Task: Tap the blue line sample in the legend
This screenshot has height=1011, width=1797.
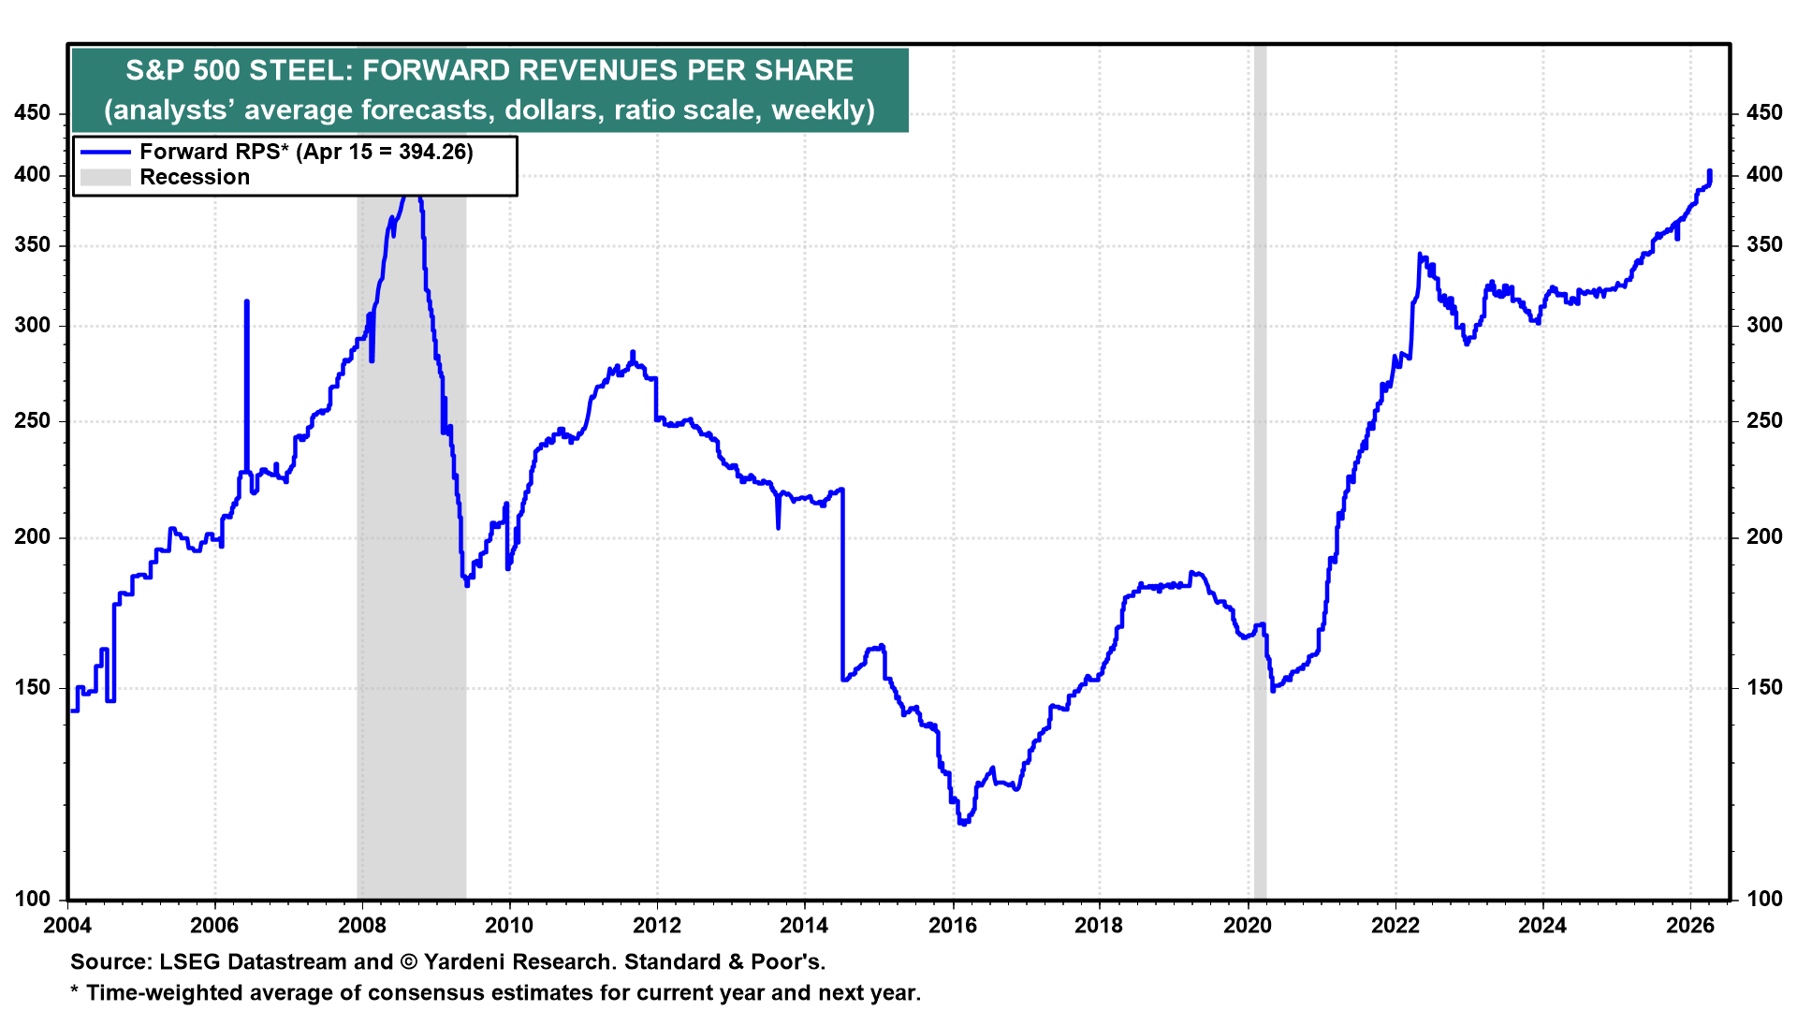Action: pyautogui.click(x=105, y=152)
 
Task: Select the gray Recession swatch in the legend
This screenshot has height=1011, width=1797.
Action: pyautogui.click(x=105, y=177)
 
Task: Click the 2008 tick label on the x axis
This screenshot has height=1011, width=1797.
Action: pyautogui.click(x=362, y=926)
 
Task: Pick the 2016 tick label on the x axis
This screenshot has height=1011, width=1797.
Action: pyautogui.click(x=953, y=926)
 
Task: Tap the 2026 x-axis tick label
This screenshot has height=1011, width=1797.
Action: pyautogui.click(x=1690, y=926)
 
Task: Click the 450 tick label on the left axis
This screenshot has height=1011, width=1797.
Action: pyautogui.click(x=33, y=113)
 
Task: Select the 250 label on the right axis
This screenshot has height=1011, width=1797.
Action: pyautogui.click(x=1764, y=421)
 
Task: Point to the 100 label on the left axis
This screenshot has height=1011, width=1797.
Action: pyautogui.click(x=33, y=899)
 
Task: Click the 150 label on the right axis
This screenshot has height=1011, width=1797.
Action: pyautogui.click(x=1764, y=687)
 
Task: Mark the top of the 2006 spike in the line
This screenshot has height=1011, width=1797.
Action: pyautogui.click(x=246, y=301)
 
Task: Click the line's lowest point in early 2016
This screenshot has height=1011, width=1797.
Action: pyautogui.click(x=963, y=823)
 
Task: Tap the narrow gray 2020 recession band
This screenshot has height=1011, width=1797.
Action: pyautogui.click(x=1260, y=468)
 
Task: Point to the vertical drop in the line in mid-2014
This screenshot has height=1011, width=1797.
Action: pyautogui.click(x=842, y=580)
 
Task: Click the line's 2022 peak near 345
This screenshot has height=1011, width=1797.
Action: pyautogui.click(x=1420, y=254)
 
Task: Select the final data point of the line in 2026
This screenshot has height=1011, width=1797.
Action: pyautogui.click(x=1710, y=171)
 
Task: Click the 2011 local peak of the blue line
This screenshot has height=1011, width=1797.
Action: pyautogui.click(x=633, y=353)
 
